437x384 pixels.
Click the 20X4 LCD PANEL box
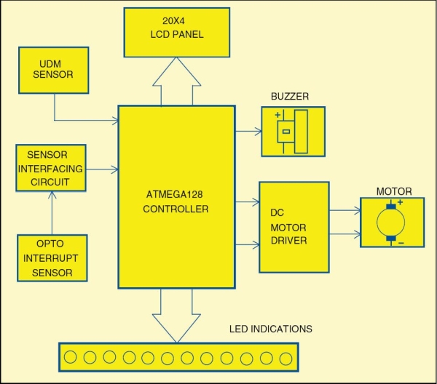click(x=177, y=33)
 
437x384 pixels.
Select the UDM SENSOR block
click(x=53, y=70)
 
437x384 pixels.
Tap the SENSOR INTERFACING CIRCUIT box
click(x=51, y=168)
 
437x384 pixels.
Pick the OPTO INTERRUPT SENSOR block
click(x=52, y=258)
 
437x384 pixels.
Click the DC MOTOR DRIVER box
click(x=294, y=227)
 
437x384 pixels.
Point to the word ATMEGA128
click(x=174, y=194)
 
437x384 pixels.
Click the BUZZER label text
click(x=290, y=96)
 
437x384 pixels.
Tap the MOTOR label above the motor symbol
click(x=394, y=191)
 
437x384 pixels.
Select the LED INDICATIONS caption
click(x=271, y=329)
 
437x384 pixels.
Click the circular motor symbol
click(x=390, y=223)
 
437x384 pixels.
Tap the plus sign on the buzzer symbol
click(x=277, y=115)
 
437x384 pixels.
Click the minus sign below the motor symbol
click(x=401, y=243)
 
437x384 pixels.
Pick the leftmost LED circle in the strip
click(x=70, y=357)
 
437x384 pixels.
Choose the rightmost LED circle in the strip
click(x=286, y=359)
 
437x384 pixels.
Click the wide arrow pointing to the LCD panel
click(x=177, y=81)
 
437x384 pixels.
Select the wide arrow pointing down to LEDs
click(x=176, y=316)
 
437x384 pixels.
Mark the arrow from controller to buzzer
click(x=249, y=131)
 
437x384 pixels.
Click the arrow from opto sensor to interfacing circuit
click(x=52, y=213)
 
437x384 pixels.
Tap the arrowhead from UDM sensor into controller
click(x=115, y=121)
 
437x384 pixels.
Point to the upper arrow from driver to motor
click(x=345, y=210)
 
